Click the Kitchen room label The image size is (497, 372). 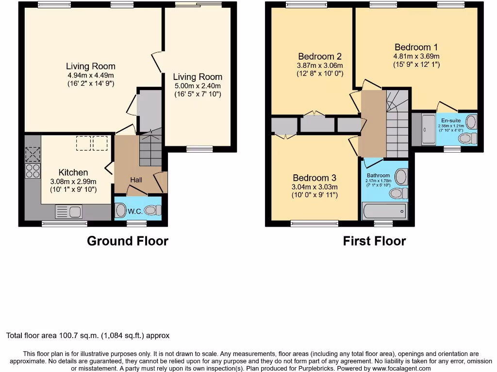point(73,172)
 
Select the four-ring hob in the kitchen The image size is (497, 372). point(33,170)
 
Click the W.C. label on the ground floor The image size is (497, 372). point(134,211)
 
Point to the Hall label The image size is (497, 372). point(136,180)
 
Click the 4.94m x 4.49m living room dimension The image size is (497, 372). point(91,75)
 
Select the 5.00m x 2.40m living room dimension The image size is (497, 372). point(198,86)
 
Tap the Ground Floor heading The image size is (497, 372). point(127,241)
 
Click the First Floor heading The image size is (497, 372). point(374,241)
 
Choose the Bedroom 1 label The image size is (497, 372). point(416,47)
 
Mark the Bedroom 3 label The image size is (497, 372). point(314,178)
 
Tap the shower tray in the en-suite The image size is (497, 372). point(429,129)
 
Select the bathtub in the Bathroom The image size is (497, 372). point(384,211)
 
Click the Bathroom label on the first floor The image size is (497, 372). point(378,175)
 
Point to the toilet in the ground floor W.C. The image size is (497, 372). point(153,211)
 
